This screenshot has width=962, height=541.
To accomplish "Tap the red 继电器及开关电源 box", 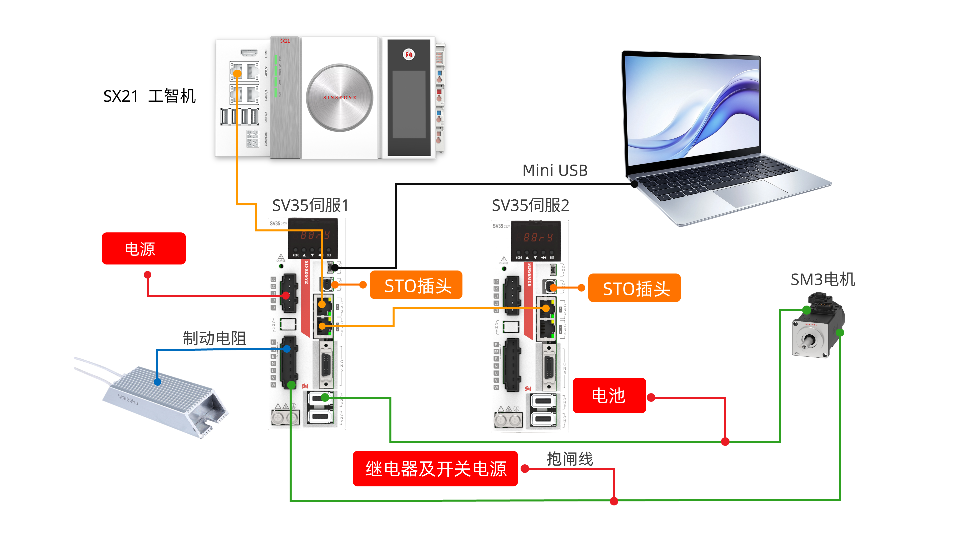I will click(435, 469).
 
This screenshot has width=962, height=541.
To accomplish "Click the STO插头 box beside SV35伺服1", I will click(416, 285).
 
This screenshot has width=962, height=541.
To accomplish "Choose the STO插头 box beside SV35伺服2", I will click(634, 288).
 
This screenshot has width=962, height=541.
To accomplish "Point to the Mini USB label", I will click(555, 171).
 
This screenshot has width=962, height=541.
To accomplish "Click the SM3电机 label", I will click(823, 279).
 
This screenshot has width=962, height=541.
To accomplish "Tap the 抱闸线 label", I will click(569, 459).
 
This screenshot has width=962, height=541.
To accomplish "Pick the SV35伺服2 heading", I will click(530, 205).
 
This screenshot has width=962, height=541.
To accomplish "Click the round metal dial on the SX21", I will click(339, 98).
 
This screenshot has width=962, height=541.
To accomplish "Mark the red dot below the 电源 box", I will click(148, 275).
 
